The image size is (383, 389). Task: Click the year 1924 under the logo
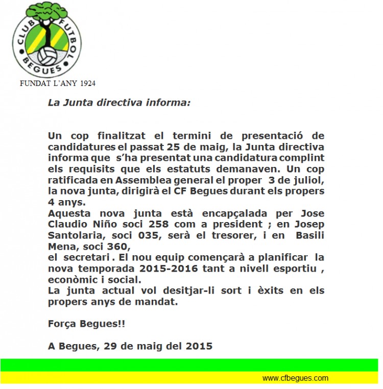tap(85, 83)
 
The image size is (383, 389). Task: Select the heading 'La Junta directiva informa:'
tap(119, 102)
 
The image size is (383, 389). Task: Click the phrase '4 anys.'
tap(67, 202)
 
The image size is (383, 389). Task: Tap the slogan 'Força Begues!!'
tap(86, 323)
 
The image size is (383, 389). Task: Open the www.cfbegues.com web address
tap(295, 378)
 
